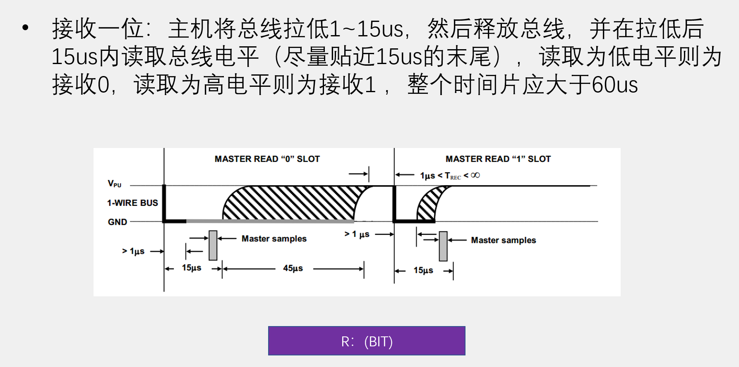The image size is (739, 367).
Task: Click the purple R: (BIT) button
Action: pyautogui.click(x=367, y=341)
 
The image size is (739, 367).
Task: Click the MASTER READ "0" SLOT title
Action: pyautogui.click(x=267, y=159)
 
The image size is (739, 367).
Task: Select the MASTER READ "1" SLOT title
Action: pyautogui.click(x=498, y=159)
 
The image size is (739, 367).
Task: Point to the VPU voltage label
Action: pyautogui.click(x=115, y=183)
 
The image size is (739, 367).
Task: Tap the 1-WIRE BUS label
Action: pyautogui.click(x=132, y=203)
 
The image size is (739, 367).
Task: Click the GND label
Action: pyautogui.click(x=118, y=222)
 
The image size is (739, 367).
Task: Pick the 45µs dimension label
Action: pyautogui.click(x=293, y=268)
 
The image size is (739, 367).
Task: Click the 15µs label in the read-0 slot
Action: pyautogui.click(x=192, y=268)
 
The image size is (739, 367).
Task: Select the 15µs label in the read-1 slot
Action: pyautogui.click(x=423, y=270)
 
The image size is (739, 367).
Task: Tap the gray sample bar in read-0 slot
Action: pyautogui.click(x=213, y=245)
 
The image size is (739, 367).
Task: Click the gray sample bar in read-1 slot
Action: pyautogui.click(x=443, y=246)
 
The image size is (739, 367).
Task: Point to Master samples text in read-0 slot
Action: pyautogui.click(x=274, y=238)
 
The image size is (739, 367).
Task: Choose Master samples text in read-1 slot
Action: pyautogui.click(x=503, y=240)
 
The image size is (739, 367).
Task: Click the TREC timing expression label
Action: pyautogui.click(x=450, y=176)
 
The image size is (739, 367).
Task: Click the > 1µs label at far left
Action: pyautogui.click(x=133, y=251)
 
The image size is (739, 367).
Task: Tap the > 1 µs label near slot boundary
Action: pyautogui.click(x=357, y=234)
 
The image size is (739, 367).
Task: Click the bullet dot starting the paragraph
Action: pyautogui.click(x=26, y=28)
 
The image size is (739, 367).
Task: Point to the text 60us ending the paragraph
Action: pyautogui.click(x=615, y=85)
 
